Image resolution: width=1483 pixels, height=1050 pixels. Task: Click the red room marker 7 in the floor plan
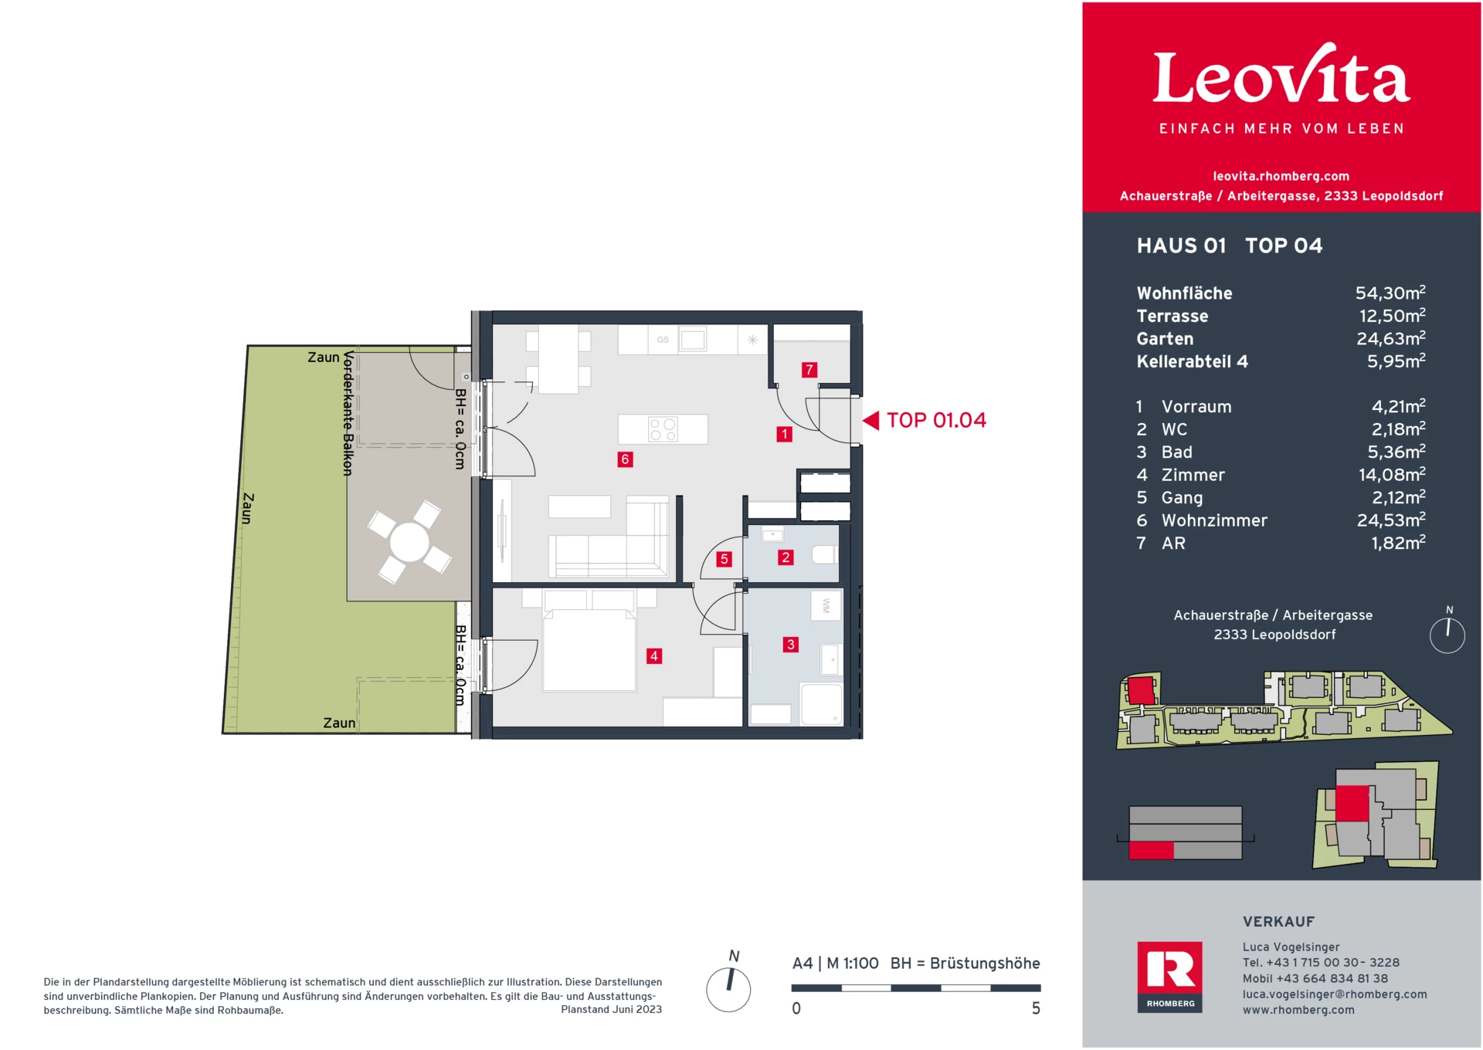click(x=809, y=370)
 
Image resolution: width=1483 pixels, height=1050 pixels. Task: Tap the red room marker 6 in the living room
click(x=625, y=459)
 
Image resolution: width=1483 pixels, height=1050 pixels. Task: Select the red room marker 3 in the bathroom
click(x=790, y=644)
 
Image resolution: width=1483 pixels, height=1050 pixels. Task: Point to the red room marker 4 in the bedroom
click(x=653, y=656)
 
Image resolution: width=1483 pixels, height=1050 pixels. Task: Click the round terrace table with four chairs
click(x=409, y=541)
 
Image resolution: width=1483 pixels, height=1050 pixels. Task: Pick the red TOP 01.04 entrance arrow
click(x=871, y=420)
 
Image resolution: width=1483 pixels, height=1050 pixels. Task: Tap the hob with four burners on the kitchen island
click(x=663, y=429)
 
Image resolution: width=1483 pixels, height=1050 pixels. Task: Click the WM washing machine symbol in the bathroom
click(x=826, y=606)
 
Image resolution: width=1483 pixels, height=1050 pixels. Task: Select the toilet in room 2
click(x=825, y=554)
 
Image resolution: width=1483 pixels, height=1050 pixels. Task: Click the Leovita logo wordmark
click(x=1281, y=77)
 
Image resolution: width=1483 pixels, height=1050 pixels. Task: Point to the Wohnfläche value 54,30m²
click(x=1390, y=293)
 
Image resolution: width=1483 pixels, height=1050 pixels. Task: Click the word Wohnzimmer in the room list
click(x=1214, y=521)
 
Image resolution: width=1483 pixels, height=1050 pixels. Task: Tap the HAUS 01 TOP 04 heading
click(x=1229, y=246)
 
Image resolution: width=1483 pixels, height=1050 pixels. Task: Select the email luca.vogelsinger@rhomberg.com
click(x=1334, y=994)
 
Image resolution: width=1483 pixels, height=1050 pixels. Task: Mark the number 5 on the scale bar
click(x=1036, y=1008)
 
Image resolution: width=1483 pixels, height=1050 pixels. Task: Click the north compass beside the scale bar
click(x=728, y=989)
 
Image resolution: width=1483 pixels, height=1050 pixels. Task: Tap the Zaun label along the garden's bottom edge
click(x=339, y=723)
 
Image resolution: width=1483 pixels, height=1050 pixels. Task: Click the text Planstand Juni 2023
click(x=611, y=1010)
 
